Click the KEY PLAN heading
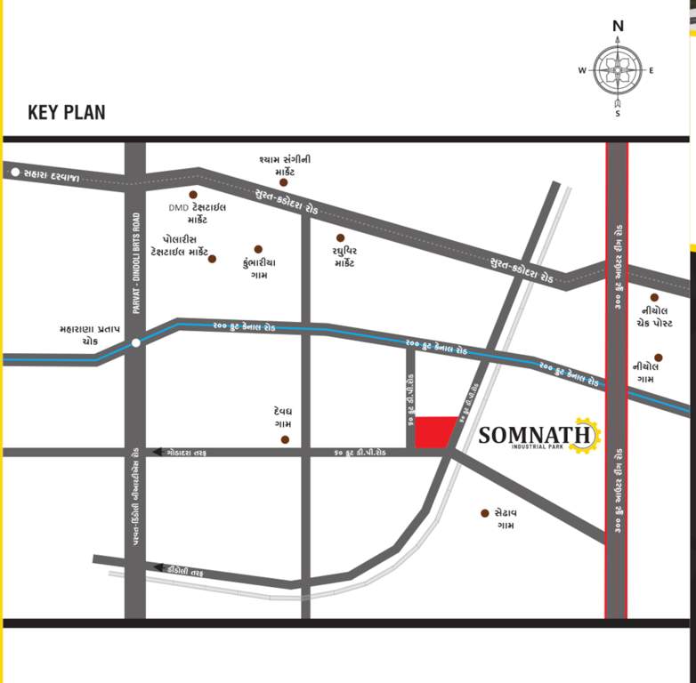[x=66, y=113]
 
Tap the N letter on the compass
[x=618, y=26]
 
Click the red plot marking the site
[x=435, y=432]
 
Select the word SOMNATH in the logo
[x=535, y=435]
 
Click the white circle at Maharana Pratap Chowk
[x=135, y=342]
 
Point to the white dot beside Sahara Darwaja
[x=15, y=172]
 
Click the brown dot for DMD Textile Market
[x=192, y=194]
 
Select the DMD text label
[x=179, y=208]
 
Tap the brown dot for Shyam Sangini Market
[x=284, y=182]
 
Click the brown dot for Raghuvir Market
[x=340, y=237]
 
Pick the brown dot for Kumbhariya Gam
[x=258, y=249]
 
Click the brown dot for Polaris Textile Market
[x=212, y=259]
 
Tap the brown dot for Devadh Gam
[x=285, y=439]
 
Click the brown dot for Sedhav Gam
[x=485, y=513]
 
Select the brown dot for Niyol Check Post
[x=654, y=298]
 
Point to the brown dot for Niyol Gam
[x=659, y=358]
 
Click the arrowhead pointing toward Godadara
[x=158, y=453]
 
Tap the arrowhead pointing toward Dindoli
[x=158, y=567]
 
